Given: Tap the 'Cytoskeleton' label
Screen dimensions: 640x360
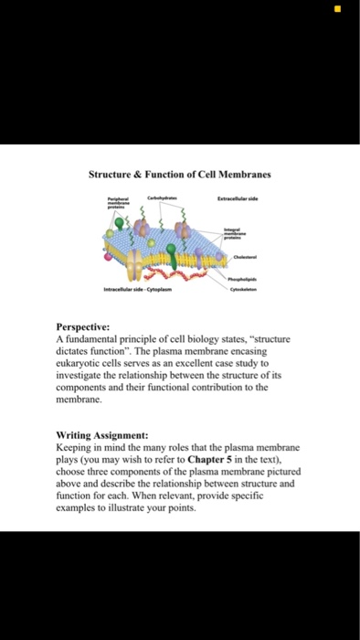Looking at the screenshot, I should click(x=242, y=284).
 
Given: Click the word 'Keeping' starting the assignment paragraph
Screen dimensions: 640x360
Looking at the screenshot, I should click(x=77, y=448).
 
